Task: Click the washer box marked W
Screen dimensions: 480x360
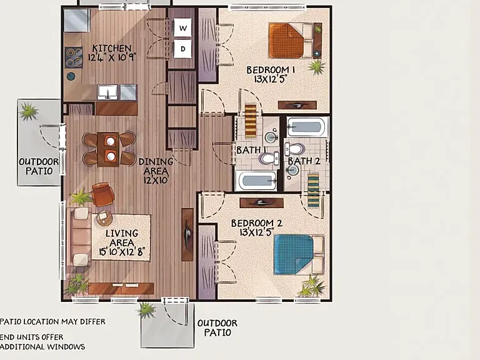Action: [x=182, y=28]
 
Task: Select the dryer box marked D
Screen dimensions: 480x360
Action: [x=182, y=49]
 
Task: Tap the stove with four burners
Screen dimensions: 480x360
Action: [x=74, y=57]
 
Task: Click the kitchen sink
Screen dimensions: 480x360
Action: [x=107, y=92]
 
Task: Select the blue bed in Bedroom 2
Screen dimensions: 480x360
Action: [x=299, y=255]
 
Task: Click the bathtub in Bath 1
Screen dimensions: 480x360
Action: [x=256, y=181]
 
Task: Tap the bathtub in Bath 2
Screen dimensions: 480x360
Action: [x=307, y=127]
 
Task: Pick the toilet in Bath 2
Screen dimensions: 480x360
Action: [x=294, y=149]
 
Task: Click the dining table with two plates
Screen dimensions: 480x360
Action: [x=108, y=149]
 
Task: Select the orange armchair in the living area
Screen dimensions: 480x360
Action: [x=103, y=194]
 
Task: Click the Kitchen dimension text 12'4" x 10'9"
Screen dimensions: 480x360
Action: [x=112, y=57]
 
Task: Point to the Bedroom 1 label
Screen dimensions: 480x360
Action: [x=271, y=70]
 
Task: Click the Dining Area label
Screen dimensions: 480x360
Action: [x=156, y=166]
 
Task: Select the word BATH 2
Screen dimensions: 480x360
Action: [x=304, y=161]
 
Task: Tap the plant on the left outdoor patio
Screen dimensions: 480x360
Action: [x=29, y=111]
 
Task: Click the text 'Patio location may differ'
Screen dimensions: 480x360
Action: [x=52, y=322]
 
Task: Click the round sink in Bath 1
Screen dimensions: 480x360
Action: [x=271, y=137]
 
